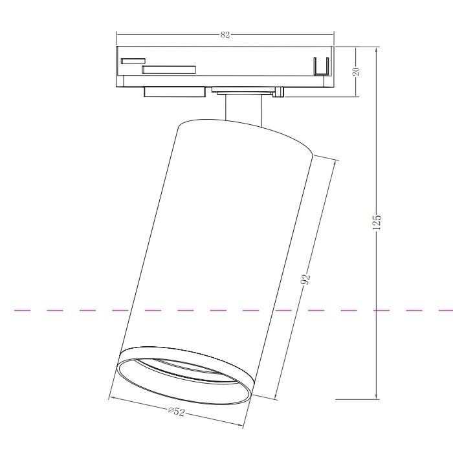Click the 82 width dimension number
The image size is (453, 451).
pos(225,35)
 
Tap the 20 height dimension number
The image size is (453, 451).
pos(356,71)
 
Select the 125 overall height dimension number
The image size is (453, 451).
pos(377,222)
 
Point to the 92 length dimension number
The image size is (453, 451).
pos(306,279)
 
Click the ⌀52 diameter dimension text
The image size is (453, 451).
pos(176,412)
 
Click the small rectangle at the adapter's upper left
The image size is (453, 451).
pos(133,61)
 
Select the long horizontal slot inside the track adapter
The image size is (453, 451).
pos(169,69)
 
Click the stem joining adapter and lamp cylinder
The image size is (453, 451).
pos(244,108)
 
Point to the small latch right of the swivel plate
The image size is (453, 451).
pos(278,93)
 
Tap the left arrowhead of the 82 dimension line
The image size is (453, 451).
pos(119,35)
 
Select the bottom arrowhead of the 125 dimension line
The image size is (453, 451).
pos(377,396)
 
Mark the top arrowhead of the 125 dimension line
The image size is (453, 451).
pos(377,49)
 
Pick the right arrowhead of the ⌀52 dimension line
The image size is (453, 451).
pos(240,426)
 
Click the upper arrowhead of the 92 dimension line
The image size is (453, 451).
pos(336,162)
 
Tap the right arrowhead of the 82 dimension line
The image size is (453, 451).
pos(332,35)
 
